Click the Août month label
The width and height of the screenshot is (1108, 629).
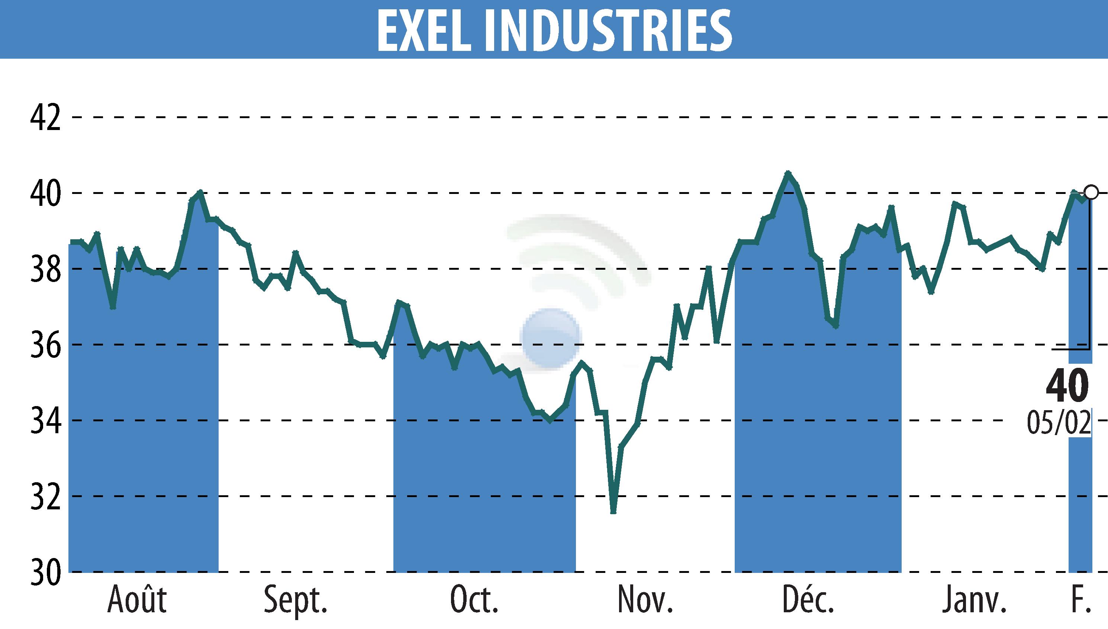(x=137, y=600)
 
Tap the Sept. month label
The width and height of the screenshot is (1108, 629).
(x=296, y=600)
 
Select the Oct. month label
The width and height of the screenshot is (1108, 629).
(x=475, y=600)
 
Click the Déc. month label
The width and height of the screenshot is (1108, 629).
(x=808, y=600)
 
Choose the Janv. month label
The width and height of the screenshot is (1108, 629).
(x=975, y=600)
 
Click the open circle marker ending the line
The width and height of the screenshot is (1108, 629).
(x=1091, y=192)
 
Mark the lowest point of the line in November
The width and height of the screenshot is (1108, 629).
(x=613, y=512)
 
